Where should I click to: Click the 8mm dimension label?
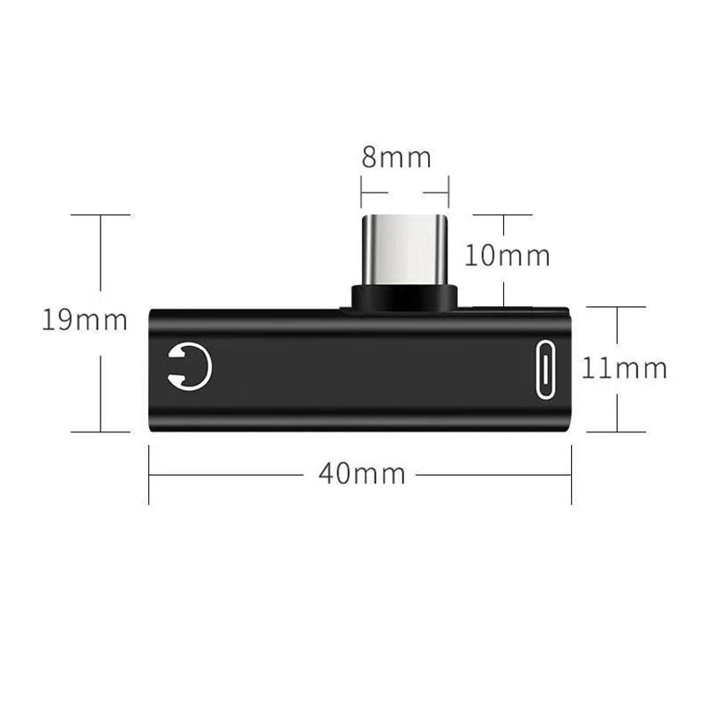point(396,157)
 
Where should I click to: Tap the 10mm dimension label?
point(507,255)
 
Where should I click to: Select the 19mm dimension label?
point(85,319)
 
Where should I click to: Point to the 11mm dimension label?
point(625,367)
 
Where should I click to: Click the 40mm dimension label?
point(362,474)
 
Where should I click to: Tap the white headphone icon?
point(190,365)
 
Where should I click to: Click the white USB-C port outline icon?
point(545,370)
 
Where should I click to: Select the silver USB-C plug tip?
point(404,250)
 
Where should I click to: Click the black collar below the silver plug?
point(404,299)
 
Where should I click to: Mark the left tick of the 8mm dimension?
point(361,192)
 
